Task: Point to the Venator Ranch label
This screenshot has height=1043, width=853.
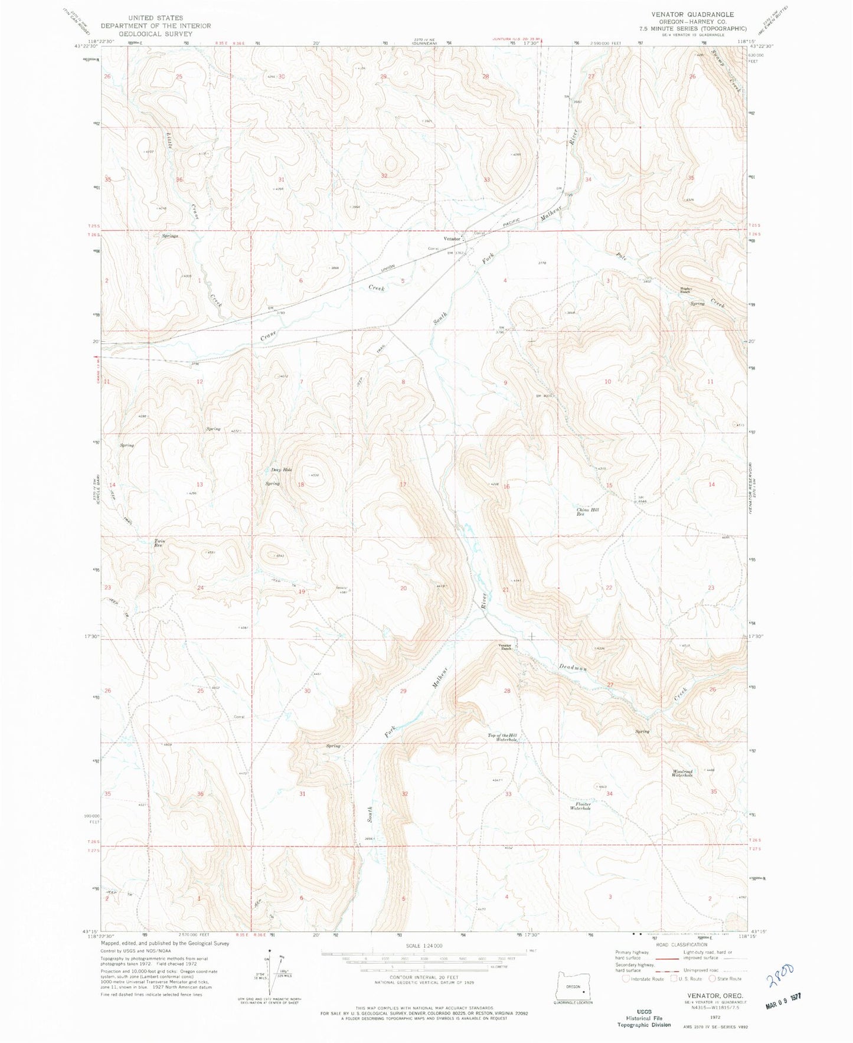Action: click(505, 646)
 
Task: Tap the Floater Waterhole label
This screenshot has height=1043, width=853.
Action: click(580, 806)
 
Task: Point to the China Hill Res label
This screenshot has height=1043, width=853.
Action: click(588, 512)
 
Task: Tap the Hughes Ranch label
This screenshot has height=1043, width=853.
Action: click(685, 290)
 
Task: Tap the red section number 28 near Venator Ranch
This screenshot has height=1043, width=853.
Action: click(506, 691)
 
